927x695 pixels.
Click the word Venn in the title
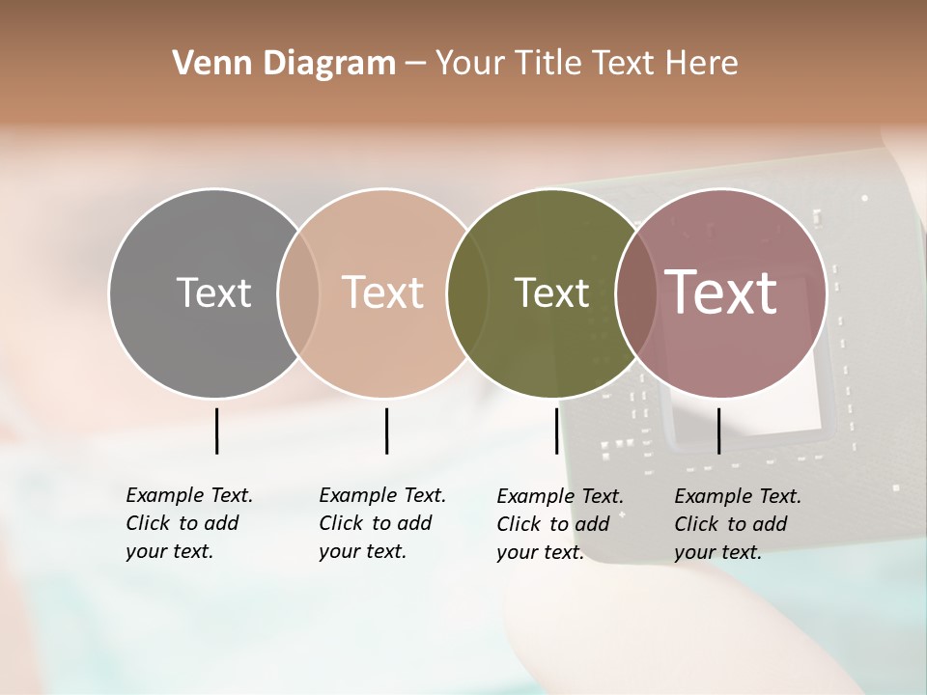207,64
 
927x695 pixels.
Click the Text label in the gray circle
213,292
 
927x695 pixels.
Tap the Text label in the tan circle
383,292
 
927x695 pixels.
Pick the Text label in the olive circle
551,292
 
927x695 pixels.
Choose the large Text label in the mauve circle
721,292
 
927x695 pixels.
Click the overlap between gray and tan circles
298,292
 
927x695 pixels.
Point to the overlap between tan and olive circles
467,292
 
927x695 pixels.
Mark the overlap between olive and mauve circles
636,292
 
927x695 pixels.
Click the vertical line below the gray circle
217,431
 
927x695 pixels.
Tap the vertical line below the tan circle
386,431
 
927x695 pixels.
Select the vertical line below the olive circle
556,431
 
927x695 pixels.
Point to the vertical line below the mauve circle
718,431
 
